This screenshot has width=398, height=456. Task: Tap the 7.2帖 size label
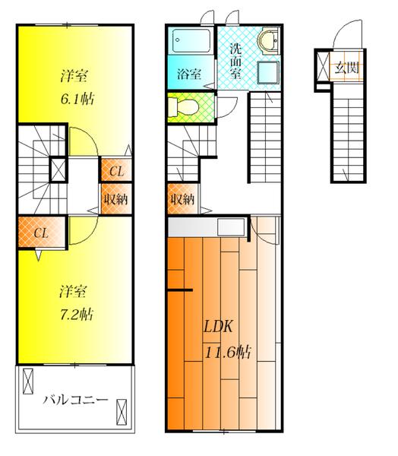(x=74, y=314)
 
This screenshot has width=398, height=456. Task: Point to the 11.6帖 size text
(x=227, y=352)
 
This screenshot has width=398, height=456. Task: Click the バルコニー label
(x=74, y=399)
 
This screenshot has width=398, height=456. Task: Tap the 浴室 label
(x=189, y=74)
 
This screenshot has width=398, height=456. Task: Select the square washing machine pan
(x=267, y=74)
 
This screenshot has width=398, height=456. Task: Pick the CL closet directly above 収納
(x=115, y=171)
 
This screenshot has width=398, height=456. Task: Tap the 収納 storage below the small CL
(x=115, y=199)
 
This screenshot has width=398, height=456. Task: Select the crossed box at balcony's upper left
(x=28, y=379)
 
